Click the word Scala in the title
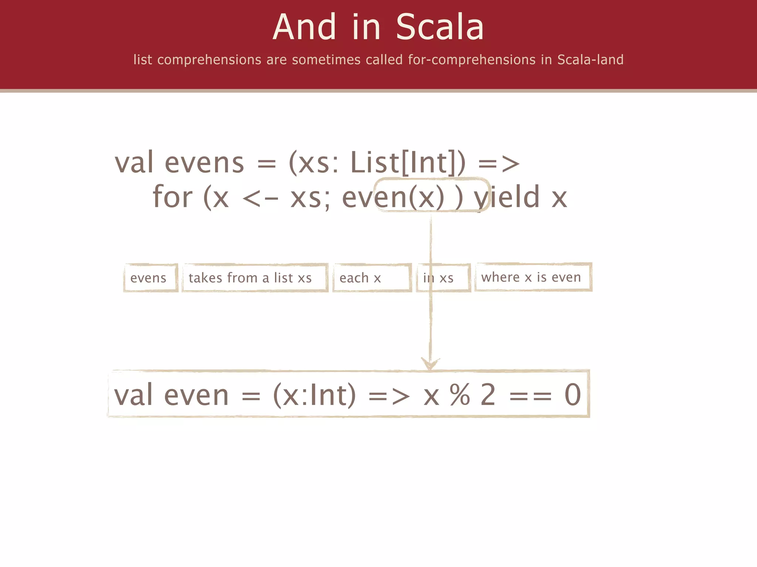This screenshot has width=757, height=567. click(439, 27)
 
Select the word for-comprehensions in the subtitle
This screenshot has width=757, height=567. click(472, 60)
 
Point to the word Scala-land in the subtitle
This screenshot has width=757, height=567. click(590, 60)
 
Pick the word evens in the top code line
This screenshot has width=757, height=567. click(204, 162)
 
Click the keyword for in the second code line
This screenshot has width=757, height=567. click(172, 197)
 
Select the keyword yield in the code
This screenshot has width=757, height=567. click(507, 197)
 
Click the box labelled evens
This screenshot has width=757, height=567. click(150, 278)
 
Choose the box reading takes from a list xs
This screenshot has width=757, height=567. click(255, 278)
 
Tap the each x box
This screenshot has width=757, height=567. click(372, 278)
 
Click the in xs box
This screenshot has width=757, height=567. click(443, 278)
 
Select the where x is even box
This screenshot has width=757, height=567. click(533, 277)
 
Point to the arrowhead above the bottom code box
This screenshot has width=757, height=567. click(430, 364)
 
